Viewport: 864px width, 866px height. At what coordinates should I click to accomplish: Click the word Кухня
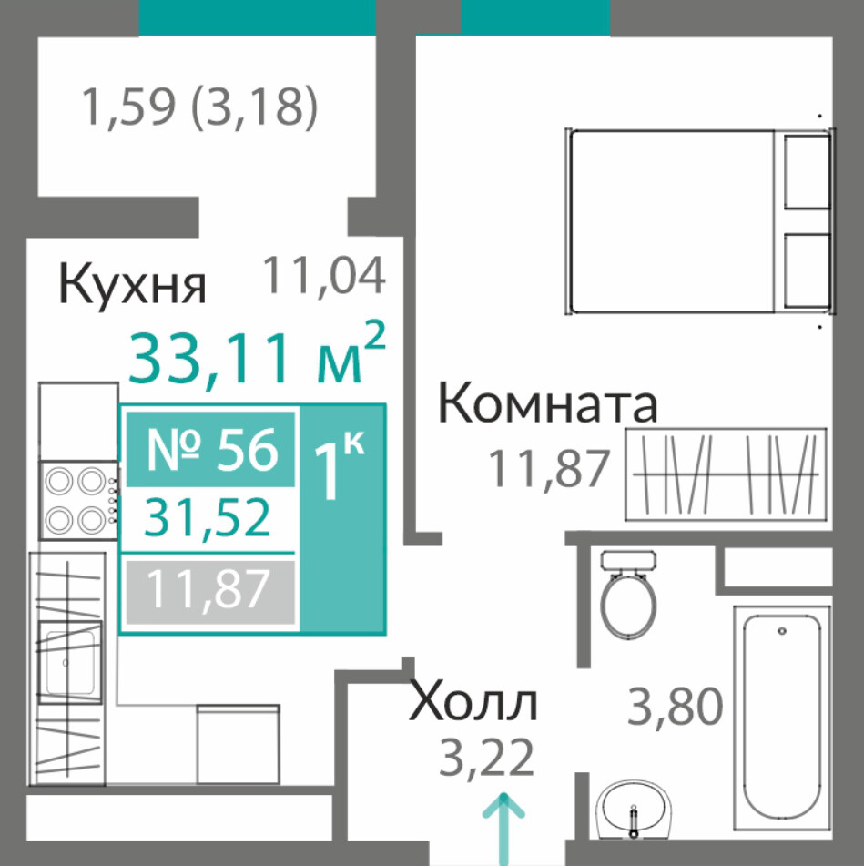[132, 284]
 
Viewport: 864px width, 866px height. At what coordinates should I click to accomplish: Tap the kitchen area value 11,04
[323, 276]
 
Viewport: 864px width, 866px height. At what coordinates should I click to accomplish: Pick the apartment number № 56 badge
[210, 450]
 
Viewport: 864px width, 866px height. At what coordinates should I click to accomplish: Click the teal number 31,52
[208, 517]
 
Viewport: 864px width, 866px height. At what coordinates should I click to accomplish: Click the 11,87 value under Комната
[549, 469]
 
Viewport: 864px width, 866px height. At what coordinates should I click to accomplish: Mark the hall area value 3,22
[486, 758]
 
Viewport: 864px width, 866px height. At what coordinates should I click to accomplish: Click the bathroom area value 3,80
[676, 706]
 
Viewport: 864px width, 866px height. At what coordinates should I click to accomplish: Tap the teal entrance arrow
[503, 829]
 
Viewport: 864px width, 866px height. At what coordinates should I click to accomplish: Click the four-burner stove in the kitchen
[78, 500]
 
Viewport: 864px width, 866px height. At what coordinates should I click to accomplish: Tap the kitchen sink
[70, 662]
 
